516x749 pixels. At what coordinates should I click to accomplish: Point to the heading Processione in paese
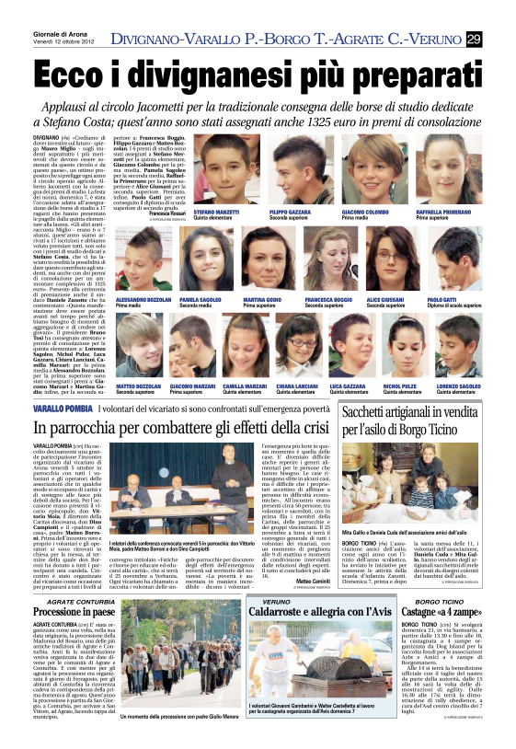[x=73, y=612]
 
